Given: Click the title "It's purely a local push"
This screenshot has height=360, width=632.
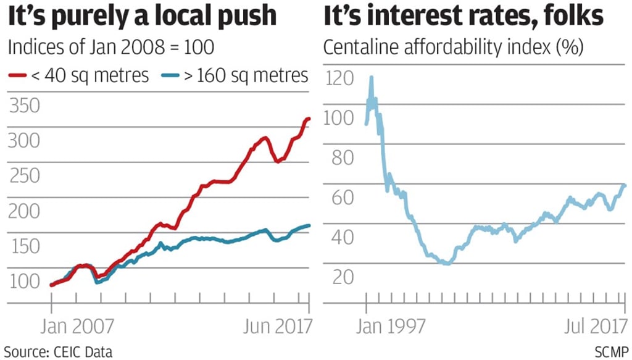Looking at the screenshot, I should pyautogui.click(x=142, y=16).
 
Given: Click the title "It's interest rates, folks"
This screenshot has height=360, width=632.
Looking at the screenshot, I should pyautogui.click(x=463, y=16).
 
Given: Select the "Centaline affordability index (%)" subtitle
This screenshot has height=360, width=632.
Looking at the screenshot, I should pyautogui.click(x=453, y=47).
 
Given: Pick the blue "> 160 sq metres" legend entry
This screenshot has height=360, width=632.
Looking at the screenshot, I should pyautogui.click(x=235, y=75).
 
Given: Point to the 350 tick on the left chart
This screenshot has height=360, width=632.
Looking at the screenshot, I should pyautogui.click(x=25, y=106).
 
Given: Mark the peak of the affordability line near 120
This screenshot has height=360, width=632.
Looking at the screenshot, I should pyautogui.click(x=371, y=78).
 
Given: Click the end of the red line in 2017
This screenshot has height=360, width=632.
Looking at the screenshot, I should pyautogui.click(x=309, y=119).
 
